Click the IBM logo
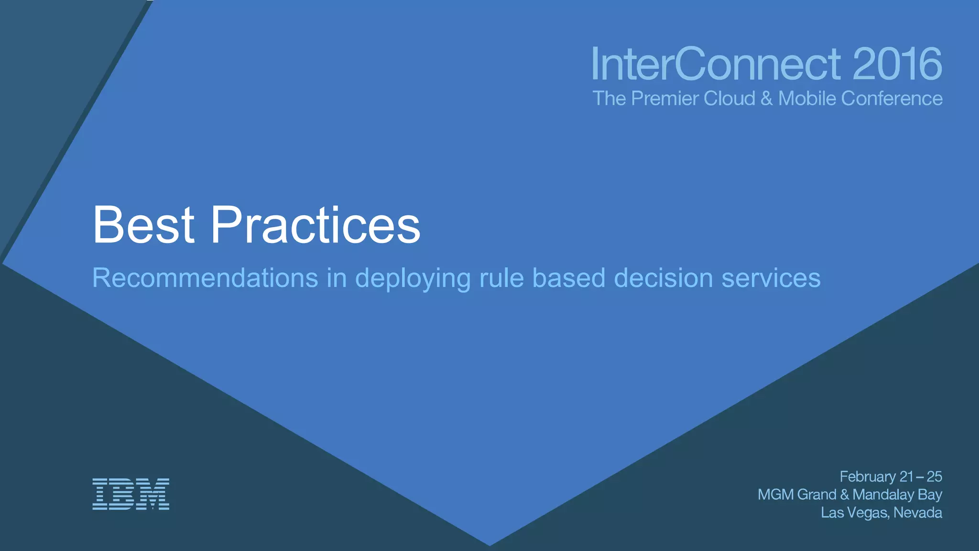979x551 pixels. click(x=131, y=494)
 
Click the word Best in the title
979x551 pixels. click(x=143, y=225)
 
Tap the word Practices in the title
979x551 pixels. click(x=315, y=225)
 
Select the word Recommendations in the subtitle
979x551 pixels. click(x=205, y=278)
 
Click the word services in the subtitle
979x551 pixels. click(x=771, y=278)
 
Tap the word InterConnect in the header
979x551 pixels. click(x=716, y=64)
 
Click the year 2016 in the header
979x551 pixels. click(x=897, y=64)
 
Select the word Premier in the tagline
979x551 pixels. click(x=664, y=99)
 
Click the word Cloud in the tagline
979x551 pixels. click(x=729, y=99)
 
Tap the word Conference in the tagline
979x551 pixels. click(x=892, y=99)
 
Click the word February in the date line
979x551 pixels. click(x=868, y=477)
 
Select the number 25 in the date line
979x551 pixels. click(x=934, y=477)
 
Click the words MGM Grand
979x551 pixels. click(x=797, y=495)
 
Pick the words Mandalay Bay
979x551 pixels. click(x=897, y=495)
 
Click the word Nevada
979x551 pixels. click(x=918, y=513)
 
